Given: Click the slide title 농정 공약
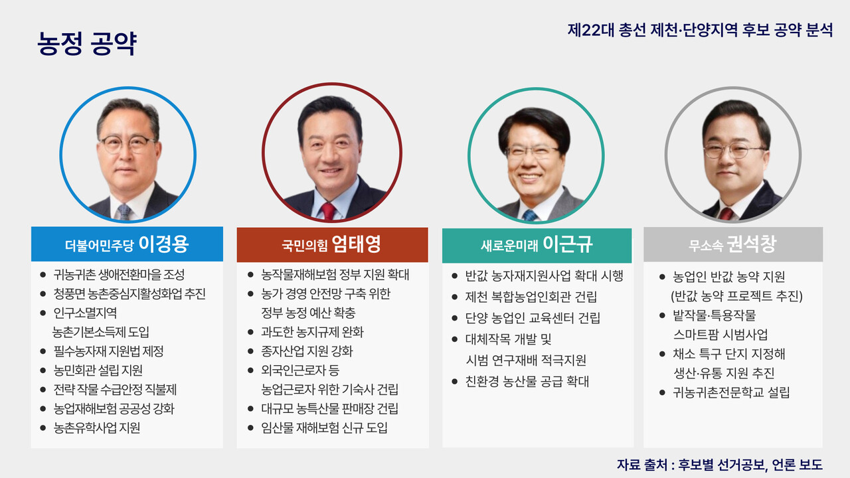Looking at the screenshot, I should [87, 44].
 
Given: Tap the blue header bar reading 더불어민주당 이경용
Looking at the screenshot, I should [127, 244].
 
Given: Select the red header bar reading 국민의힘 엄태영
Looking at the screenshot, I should [332, 244].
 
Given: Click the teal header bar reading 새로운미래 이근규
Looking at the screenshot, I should [537, 245].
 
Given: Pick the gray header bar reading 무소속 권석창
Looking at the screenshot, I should [732, 245].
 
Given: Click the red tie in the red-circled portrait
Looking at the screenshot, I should [328, 211].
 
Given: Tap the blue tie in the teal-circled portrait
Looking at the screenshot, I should [529, 214].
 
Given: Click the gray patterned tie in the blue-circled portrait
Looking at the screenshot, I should [124, 212].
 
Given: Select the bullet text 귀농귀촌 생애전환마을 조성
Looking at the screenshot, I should [119, 274].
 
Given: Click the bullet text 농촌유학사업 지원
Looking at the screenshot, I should [97, 428].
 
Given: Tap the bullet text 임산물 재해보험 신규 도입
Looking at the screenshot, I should [325, 428].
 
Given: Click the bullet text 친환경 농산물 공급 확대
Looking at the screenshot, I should [527, 382].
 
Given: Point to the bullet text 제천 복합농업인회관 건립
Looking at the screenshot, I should [531, 297].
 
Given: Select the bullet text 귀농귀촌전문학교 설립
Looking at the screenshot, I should [731, 392].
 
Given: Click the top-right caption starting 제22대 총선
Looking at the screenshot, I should [700, 31].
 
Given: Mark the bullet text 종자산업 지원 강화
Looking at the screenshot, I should [307, 351].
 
